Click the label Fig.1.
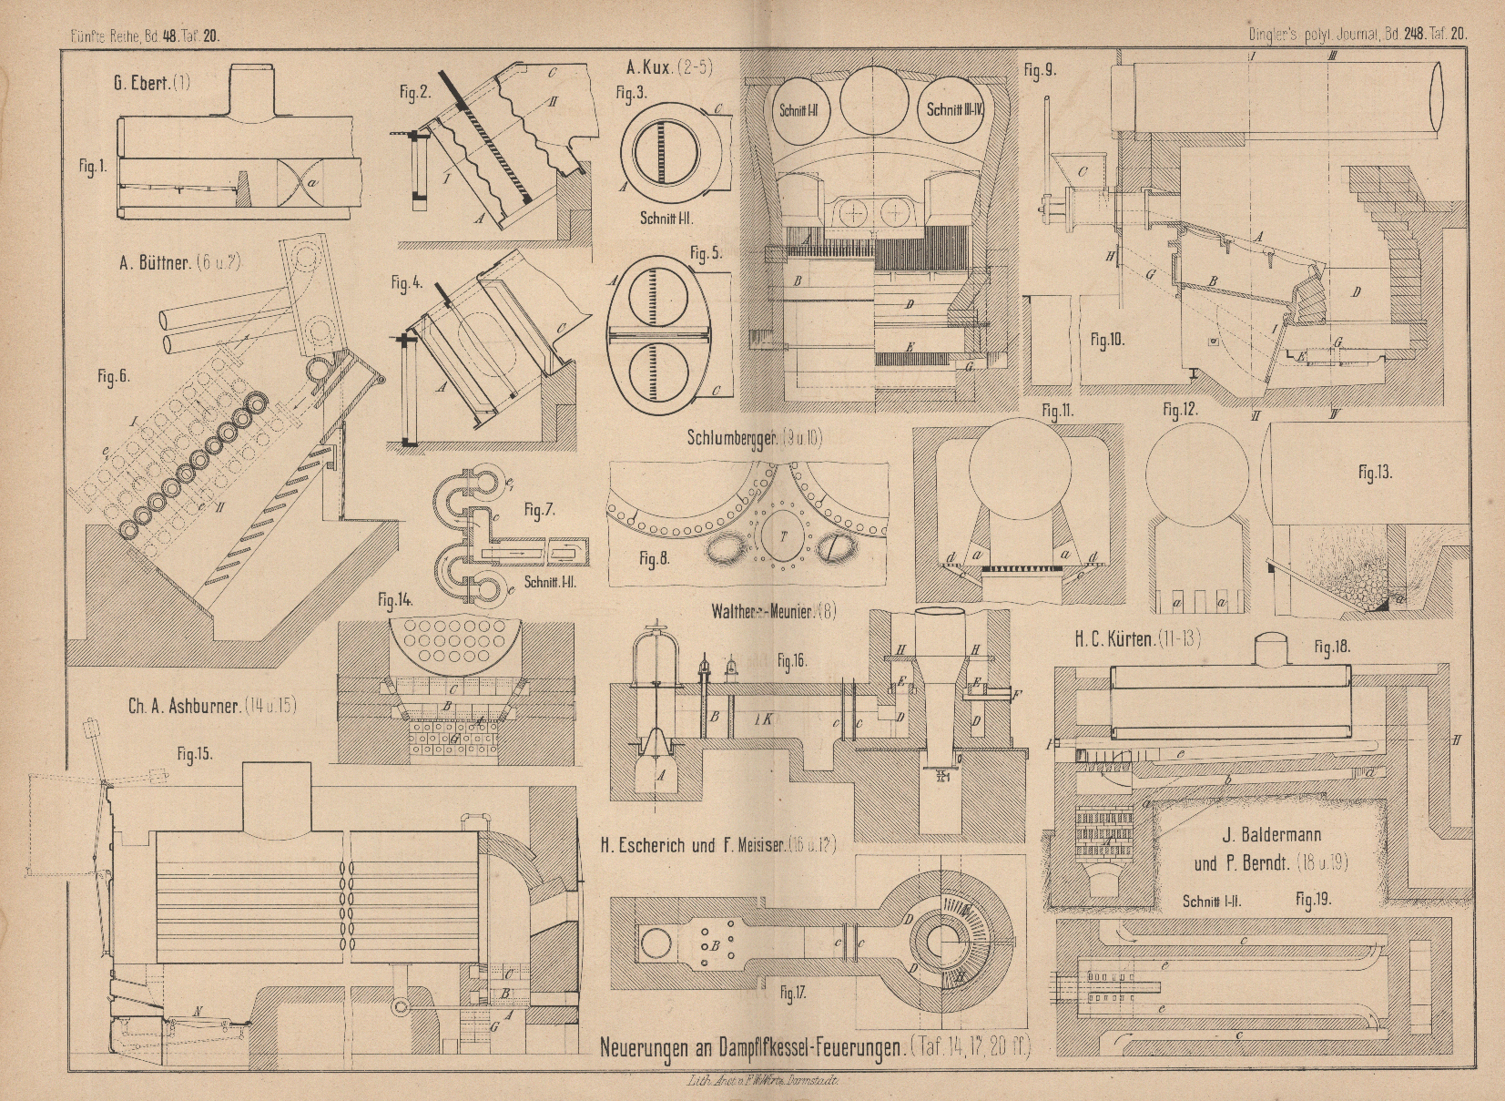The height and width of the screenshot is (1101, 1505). tap(93, 168)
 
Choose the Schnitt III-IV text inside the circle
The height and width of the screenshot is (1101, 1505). tap(955, 109)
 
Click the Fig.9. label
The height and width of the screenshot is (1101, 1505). tap(1039, 69)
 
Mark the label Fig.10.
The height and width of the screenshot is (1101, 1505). tap(1108, 341)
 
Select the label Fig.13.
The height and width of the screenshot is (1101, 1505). tap(1374, 473)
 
